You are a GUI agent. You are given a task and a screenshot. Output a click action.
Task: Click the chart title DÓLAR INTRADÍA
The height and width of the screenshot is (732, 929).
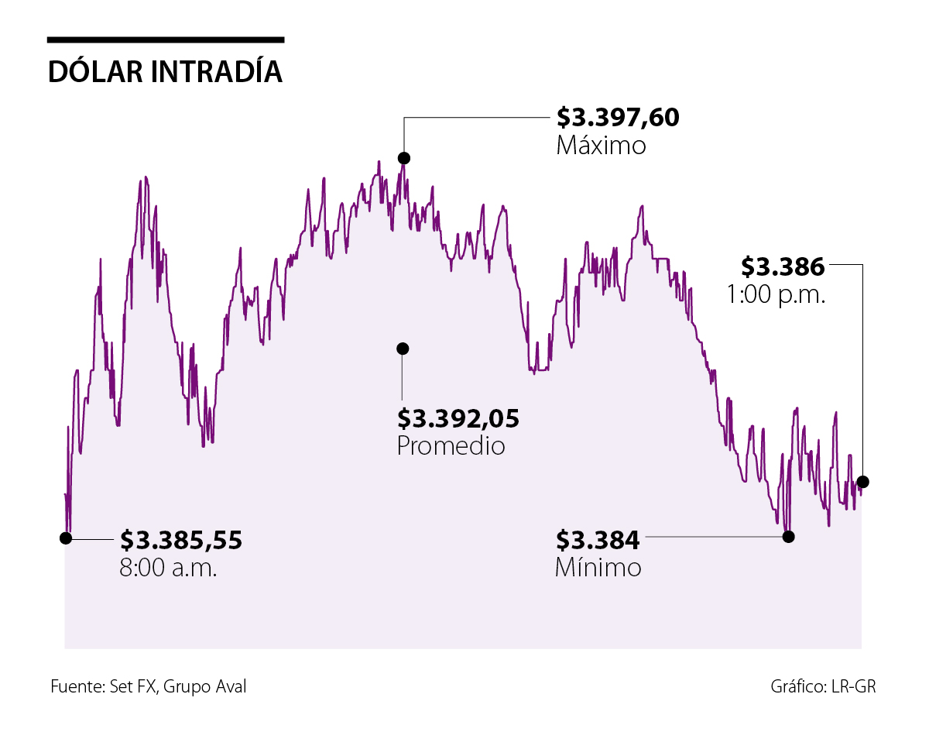click(165, 71)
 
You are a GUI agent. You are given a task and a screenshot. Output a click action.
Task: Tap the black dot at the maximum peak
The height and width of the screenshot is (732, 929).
click(403, 158)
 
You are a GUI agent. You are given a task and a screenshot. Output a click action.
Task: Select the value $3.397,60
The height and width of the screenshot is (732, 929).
click(617, 118)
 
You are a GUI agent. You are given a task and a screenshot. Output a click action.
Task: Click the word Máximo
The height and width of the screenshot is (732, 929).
click(601, 146)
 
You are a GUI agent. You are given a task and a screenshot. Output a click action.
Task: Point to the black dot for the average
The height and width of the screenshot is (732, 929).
click(402, 349)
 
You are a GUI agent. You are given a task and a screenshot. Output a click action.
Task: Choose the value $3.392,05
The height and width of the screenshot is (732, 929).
click(458, 418)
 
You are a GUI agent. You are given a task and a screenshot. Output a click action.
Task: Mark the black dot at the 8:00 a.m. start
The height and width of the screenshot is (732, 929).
click(67, 537)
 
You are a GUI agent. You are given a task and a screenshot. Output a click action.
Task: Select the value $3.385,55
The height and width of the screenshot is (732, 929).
click(180, 540)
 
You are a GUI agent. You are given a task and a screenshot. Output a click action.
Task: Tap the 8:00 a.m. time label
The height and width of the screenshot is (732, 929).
click(168, 568)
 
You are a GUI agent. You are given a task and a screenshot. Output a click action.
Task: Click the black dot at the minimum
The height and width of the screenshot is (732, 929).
click(788, 536)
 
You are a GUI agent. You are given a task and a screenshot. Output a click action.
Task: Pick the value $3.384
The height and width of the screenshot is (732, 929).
click(598, 539)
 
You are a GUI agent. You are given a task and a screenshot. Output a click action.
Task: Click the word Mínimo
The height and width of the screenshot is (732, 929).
click(598, 568)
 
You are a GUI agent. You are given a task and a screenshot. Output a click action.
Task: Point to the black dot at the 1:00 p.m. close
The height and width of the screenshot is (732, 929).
click(863, 482)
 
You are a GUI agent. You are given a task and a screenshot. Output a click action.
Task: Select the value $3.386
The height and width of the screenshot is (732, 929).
click(782, 266)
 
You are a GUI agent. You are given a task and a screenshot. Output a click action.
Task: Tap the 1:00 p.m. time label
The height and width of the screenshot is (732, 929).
click(775, 294)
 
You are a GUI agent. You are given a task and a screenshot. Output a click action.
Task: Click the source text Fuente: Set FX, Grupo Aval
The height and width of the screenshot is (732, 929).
click(149, 686)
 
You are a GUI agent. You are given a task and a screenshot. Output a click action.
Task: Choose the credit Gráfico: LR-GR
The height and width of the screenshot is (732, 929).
click(823, 686)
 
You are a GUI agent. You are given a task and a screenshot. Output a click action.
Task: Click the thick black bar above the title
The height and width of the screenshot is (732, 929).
click(165, 40)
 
